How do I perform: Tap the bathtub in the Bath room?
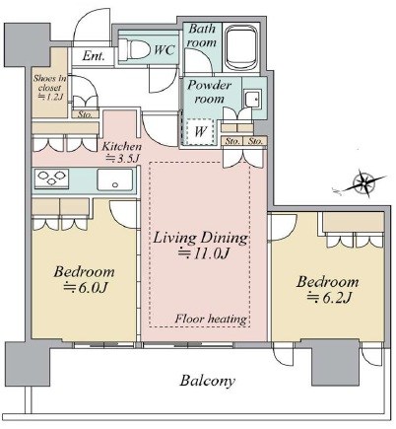click(x=241, y=47)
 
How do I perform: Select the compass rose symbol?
click(x=364, y=183)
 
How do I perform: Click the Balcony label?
click(x=208, y=381)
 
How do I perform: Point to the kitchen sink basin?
click(x=115, y=179)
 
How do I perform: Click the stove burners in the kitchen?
click(x=51, y=178)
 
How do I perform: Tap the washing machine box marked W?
click(x=200, y=131)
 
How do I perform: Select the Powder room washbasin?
click(x=253, y=99)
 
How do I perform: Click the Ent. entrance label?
click(x=94, y=56)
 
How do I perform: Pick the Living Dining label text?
click(x=201, y=238)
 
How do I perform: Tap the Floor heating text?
click(x=211, y=319)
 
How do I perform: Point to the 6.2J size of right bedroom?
click(x=329, y=298)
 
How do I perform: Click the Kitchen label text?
click(x=121, y=147)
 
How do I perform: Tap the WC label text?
click(x=165, y=50)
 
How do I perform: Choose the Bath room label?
click(x=202, y=36)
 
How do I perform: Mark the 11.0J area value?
click(x=203, y=253)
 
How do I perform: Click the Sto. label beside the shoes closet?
click(x=85, y=114)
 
